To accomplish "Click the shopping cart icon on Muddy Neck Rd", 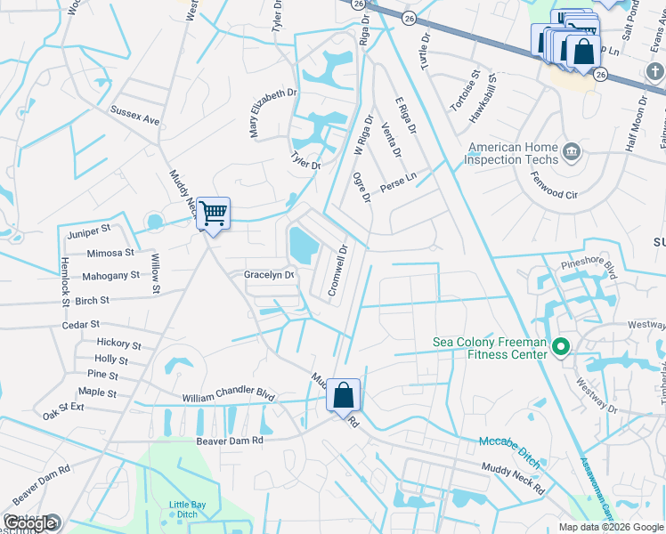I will click(213, 214).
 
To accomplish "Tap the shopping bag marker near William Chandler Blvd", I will click(344, 394).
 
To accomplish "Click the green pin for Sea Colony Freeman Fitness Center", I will click(560, 347).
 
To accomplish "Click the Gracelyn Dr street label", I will click(269, 275).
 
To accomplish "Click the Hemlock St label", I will click(65, 282).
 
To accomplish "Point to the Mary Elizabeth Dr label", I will click(272, 112).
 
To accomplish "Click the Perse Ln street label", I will click(398, 181).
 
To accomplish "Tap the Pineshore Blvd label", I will click(588, 264).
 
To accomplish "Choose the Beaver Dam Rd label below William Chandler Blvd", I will click(231, 440).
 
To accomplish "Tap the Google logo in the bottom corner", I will click(30, 523).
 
